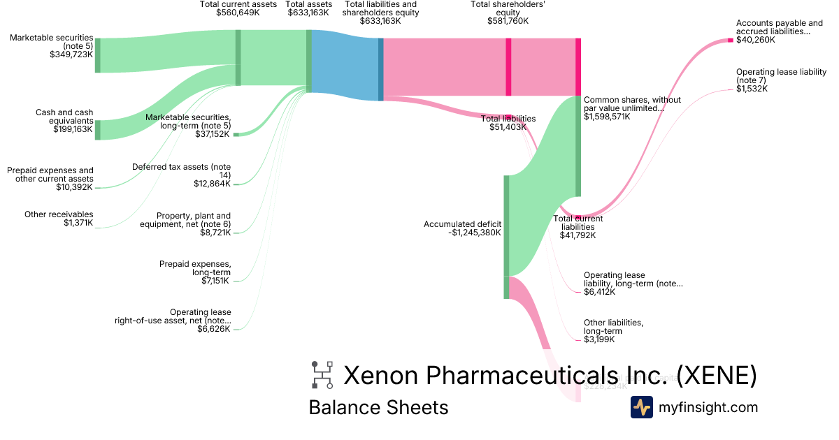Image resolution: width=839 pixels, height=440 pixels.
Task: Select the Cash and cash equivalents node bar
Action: click(97, 130)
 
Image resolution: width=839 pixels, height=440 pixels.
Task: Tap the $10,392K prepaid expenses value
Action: click(75, 187)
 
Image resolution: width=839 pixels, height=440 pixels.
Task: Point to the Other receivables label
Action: click(59, 214)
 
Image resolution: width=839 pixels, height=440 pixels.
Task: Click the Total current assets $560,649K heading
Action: click(229, 8)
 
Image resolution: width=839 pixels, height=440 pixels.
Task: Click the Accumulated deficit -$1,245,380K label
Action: click(462, 228)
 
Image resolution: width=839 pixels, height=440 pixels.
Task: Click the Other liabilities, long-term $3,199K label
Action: click(613, 331)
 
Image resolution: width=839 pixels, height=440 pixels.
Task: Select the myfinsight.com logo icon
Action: click(641, 407)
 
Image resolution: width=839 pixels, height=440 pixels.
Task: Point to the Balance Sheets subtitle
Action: click(378, 407)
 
